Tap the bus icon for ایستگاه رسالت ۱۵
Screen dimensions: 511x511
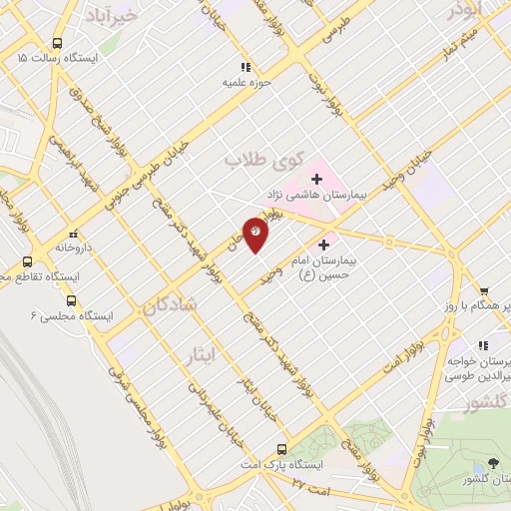(57, 44)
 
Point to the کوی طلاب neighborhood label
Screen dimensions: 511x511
(262, 160)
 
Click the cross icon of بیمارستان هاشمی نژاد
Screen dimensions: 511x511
(317, 179)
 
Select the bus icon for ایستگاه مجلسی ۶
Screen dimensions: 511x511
(71, 299)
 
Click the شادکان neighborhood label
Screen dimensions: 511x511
(170, 305)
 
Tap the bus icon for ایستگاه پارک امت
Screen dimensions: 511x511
(282, 449)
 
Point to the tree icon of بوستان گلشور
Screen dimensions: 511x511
(493, 463)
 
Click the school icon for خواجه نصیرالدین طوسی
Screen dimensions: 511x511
(483, 345)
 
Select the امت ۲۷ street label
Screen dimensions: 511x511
(313, 482)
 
